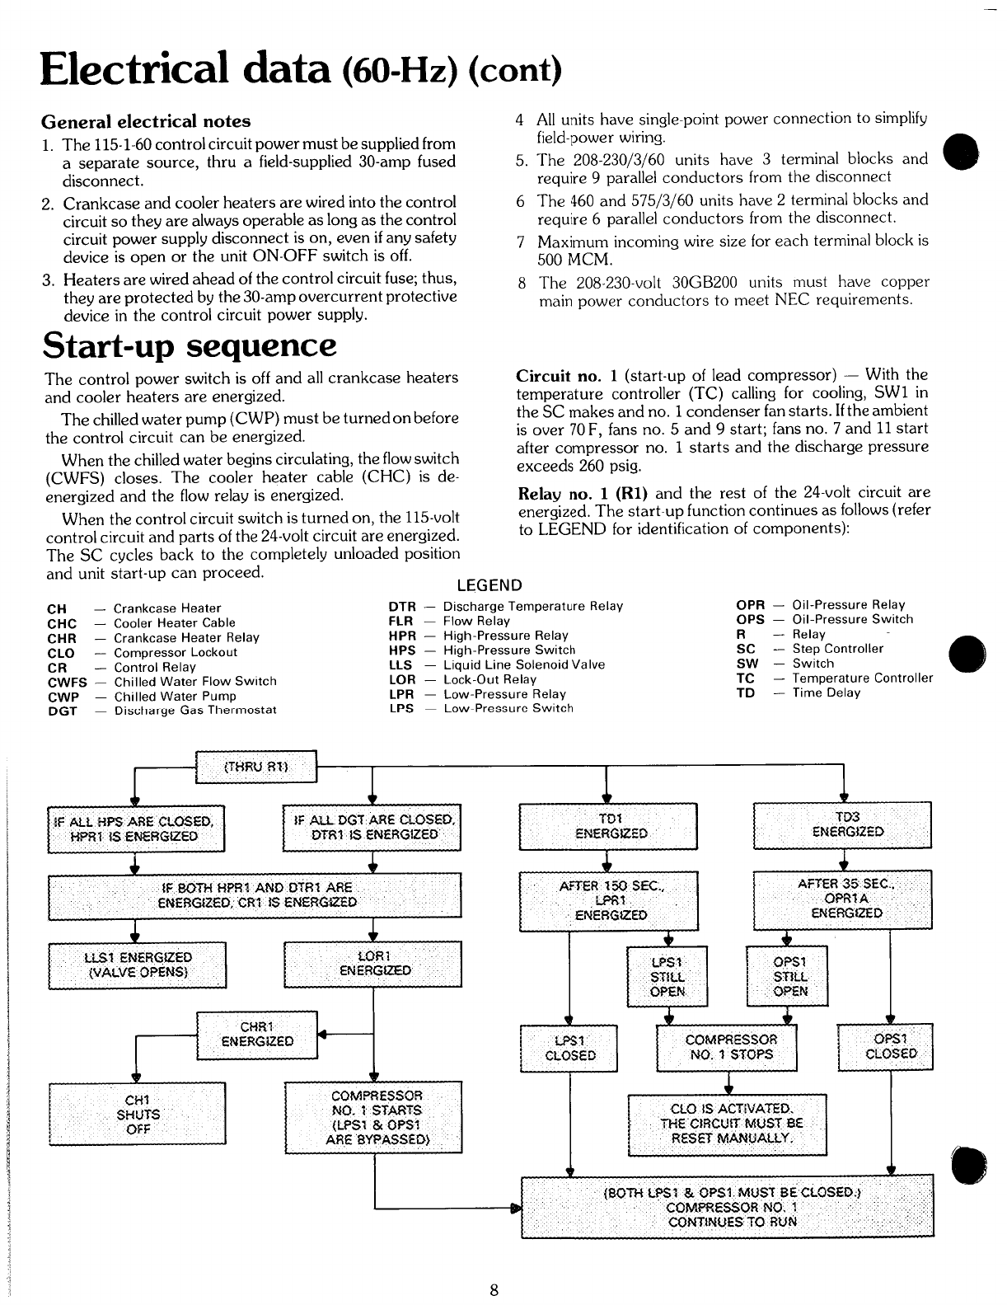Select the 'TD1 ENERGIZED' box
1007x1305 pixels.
click(x=608, y=825)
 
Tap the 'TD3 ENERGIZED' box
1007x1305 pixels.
click(x=843, y=824)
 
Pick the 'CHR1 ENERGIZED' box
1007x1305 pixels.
click(x=256, y=1034)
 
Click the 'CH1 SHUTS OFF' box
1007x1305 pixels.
click(x=138, y=1114)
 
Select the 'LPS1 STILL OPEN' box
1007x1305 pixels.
click(x=667, y=977)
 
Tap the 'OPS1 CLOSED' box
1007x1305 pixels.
click(x=884, y=1047)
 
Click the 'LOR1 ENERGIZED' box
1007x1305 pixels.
click(x=372, y=963)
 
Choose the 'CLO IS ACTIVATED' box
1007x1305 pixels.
click(x=727, y=1124)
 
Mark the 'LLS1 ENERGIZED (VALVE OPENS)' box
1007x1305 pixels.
click(x=138, y=964)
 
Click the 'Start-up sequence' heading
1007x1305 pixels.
click(x=190, y=345)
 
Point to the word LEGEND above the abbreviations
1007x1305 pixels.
click(x=489, y=585)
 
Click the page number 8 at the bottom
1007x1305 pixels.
click(x=494, y=1290)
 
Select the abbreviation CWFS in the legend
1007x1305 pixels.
click(x=67, y=682)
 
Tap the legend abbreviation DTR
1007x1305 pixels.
click(x=401, y=606)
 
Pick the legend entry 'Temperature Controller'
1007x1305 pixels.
click(x=862, y=678)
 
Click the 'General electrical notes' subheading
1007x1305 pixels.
click(x=147, y=121)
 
